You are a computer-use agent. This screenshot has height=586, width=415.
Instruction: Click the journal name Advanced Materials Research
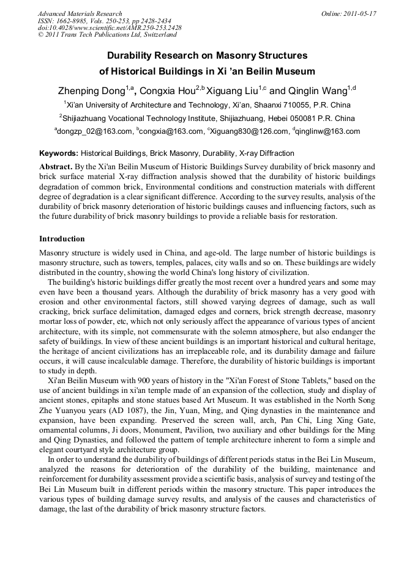tap(80, 13)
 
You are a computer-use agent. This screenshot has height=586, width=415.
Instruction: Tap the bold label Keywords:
tap(59, 153)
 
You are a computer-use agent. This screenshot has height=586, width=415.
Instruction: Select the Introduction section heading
tap(62, 238)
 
